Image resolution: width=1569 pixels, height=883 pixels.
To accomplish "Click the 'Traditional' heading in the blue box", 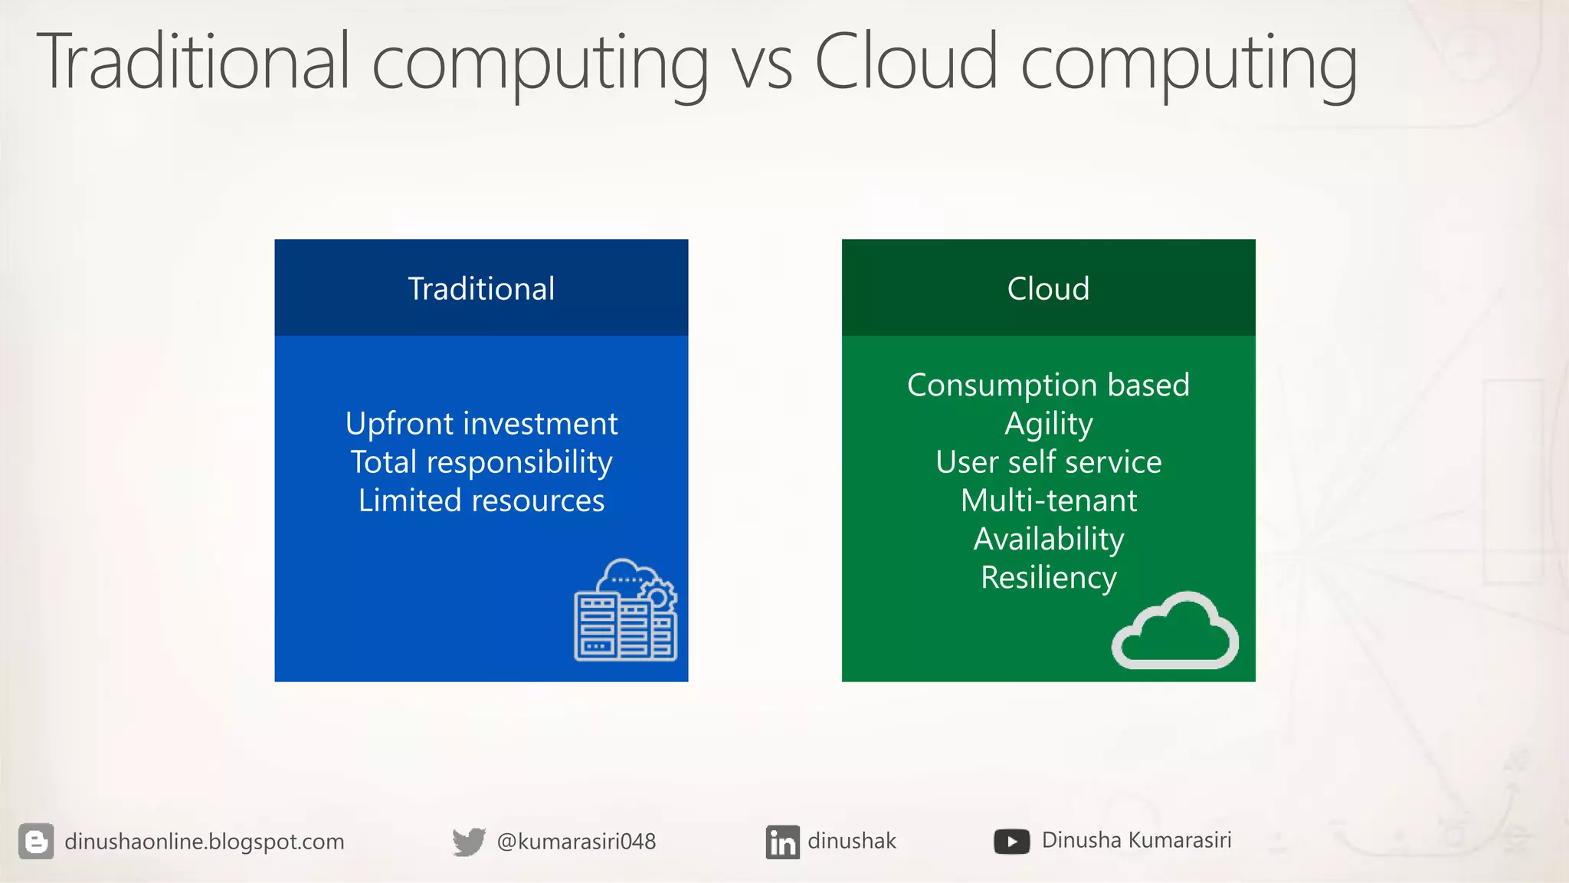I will [x=481, y=289].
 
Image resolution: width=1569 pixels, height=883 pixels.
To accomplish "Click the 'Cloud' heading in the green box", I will [x=1048, y=289].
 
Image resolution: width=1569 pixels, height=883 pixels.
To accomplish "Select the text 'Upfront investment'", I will [x=481, y=424].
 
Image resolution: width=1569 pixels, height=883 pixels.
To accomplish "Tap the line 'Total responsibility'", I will [x=481, y=462].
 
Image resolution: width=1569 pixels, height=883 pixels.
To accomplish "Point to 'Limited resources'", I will [x=481, y=501].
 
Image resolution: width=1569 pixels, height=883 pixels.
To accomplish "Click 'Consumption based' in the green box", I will [x=1048, y=385].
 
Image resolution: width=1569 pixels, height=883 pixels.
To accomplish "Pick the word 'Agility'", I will [x=1048, y=424].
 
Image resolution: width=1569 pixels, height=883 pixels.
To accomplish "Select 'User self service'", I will [x=1048, y=462].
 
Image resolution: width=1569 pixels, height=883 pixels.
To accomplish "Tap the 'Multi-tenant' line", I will [x=1048, y=501].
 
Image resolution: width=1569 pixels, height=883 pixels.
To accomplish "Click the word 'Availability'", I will [x=1048, y=539].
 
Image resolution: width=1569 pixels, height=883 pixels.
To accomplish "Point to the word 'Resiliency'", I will [x=1048, y=577].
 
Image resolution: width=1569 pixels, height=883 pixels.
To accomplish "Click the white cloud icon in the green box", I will [x=1174, y=632].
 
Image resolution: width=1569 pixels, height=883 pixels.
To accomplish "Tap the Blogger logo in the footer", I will [x=36, y=842].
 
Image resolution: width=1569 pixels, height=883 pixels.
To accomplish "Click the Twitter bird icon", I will [x=468, y=842].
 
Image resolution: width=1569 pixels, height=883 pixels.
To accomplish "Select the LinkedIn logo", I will [x=782, y=842].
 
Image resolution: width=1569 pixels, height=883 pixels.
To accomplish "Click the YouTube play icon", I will [x=1011, y=842].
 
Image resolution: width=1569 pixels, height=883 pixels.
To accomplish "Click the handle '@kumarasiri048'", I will [x=576, y=842].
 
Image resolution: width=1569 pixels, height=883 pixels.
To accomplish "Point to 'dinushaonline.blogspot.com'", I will [x=204, y=842].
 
